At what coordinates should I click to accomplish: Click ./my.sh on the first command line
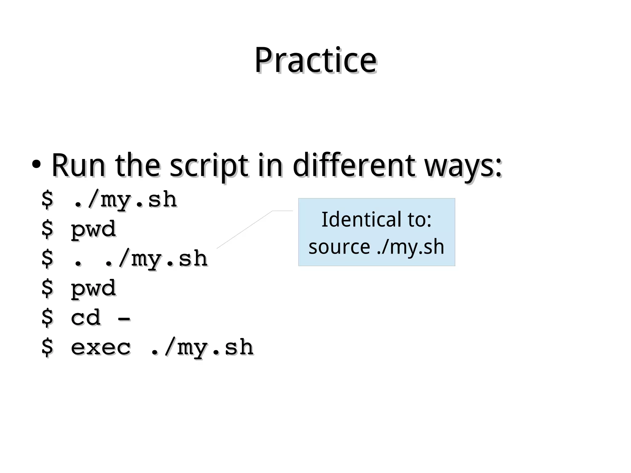(125, 200)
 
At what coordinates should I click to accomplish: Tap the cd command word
(86, 317)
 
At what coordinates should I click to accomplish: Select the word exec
(101, 347)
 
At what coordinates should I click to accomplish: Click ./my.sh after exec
(202, 348)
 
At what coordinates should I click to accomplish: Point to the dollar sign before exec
(47, 347)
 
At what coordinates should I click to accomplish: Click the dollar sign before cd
(47, 318)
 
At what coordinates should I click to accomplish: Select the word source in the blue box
(339, 247)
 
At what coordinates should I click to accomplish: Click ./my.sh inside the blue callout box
(410, 247)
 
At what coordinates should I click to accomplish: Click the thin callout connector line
(245, 229)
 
